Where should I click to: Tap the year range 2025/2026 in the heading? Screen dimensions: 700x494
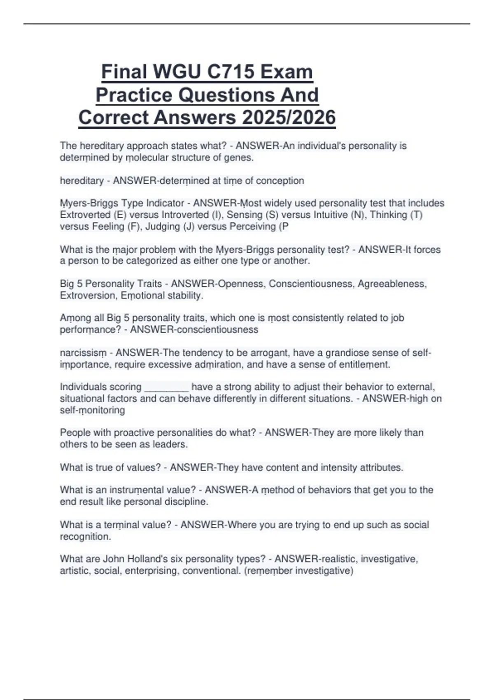[289, 118]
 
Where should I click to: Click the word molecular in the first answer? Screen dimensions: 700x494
[147, 158]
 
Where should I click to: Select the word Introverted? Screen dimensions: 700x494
[185, 215]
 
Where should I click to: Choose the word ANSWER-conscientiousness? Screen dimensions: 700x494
[194, 330]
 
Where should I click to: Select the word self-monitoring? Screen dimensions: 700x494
[92, 410]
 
